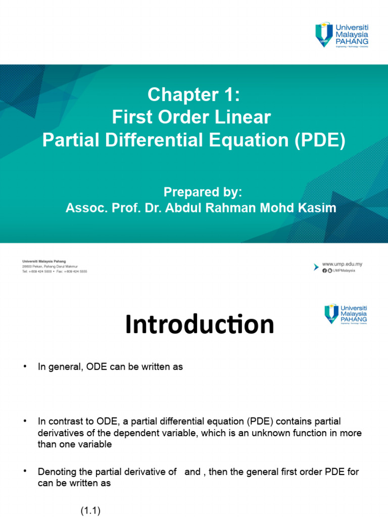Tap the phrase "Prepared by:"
click(203, 192)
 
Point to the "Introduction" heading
click(200, 325)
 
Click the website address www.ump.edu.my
click(342, 264)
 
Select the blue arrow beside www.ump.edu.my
click(317, 267)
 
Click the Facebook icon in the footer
click(324, 271)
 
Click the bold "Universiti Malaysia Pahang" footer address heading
click(44, 262)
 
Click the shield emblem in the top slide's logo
click(324, 34)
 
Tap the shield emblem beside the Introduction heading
click(331, 314)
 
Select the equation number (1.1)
click(91, 510)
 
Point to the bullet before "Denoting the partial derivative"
click(25, 472)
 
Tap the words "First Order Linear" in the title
click(191, 118)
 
